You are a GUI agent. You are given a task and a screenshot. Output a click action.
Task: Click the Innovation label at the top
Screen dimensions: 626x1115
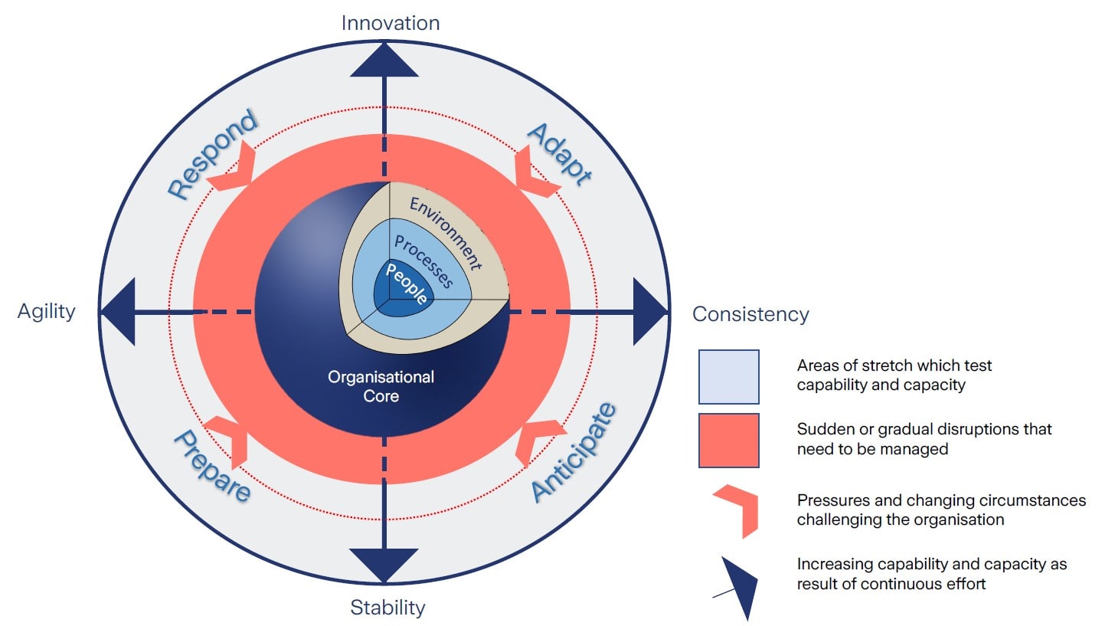(x=391, y=23)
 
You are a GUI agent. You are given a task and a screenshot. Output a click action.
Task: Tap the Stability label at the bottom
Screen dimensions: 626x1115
(x=387, y=608)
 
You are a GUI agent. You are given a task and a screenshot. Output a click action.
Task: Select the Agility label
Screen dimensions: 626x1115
(x=47, y=311)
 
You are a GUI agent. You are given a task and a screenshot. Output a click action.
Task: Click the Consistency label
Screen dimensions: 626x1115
(x=750, y=314)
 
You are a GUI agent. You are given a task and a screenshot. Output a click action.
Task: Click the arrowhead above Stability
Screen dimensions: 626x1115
(x=384, y=565)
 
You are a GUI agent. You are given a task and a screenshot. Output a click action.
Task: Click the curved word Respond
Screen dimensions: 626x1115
(x=211, y=156)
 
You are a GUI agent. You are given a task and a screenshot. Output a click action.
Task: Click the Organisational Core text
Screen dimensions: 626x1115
(x=381, y=386)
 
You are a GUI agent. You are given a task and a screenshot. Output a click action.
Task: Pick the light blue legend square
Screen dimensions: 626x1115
(x=728, y=377)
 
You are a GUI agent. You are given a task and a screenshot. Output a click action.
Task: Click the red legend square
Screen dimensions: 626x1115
(x=728, y=441)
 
